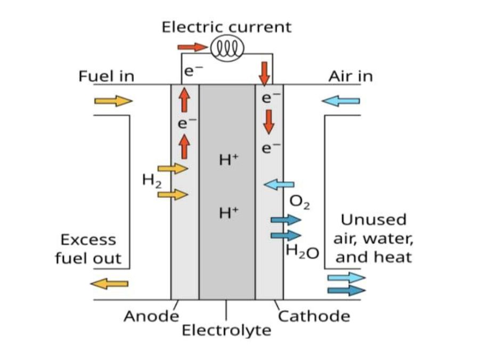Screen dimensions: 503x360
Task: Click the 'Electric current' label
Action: tap(226, 27)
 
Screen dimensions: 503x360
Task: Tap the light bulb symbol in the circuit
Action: tap(227, 49)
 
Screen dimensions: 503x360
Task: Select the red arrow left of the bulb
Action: tap(192, 47)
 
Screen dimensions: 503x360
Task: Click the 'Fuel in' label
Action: tap(106, 76)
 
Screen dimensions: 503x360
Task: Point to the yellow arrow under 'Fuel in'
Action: tap(113, 101)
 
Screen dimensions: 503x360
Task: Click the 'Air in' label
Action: tap(351, 76)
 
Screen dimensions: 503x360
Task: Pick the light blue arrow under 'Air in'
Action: tap(340, 101)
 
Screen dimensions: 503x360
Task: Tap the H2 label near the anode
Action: tap(152, 181)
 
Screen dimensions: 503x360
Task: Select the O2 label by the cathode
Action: tap(299, 202)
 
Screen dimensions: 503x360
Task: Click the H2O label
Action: tap(303, 251)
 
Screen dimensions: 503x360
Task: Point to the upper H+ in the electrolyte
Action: tap(229, 159)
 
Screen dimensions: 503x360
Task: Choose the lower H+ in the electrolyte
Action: tap(229, 213)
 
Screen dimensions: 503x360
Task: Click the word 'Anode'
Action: tap(151, 316)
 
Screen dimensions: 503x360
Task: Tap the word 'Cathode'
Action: tap(314, 316)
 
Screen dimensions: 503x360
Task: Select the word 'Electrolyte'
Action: tap(226, 331)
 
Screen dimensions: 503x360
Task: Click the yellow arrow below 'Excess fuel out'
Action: tap(109, 284)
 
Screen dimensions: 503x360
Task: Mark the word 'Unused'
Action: tap(374, 220)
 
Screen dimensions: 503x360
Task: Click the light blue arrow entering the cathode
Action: tap(279, 185)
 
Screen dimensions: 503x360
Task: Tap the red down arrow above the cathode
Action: tap(264, 74)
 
